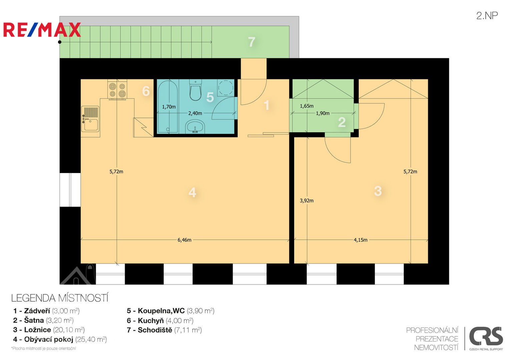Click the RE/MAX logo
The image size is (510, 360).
pyautogui.click(x=42, y=30)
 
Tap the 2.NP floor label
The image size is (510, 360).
pyautogui.click(x=487, y=16)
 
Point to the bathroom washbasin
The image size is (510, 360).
pyautogui.click(x=195, y=127)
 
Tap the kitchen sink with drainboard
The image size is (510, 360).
pyautogui.click(x=90, y=119)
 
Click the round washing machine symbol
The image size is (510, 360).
pyautogui.click(x=225, y=88)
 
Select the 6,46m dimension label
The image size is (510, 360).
pyautogui.click(x=184, y=240)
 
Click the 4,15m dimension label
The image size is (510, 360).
pyautogui.click(x=361, y=240)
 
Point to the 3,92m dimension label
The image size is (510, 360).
pyautogui.click(x=307, y=200)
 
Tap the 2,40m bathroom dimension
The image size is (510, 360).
pyautogui.click(x=195, y=113)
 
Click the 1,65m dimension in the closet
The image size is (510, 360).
pyautogui.click(x=307, y=106)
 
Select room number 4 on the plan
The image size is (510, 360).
pyautogui.click(x=192, y=193)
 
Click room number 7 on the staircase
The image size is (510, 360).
pyautogui.click(x=251, y=42)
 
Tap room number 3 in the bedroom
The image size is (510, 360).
pyautogui.click(x=378, y=191)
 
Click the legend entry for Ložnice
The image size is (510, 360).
pyautogui.click(x=49, y=330)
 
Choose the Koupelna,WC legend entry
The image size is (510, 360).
pyautogui.click(x=170, y=311)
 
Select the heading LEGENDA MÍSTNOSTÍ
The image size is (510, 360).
pyautogui.click(x=60, y=298)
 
